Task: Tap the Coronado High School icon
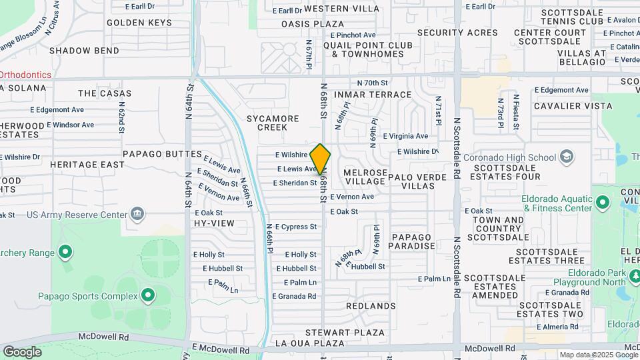point(567,157)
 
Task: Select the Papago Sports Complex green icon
point(148,294)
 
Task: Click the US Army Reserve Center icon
point(137,215)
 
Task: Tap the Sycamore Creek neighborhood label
point(273,123)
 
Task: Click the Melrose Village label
point(365,177)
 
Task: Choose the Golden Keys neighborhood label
point(139,23)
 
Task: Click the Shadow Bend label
point(84,51)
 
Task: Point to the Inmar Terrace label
point(373,95)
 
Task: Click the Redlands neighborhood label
point(371,306)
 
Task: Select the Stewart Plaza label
point(345,332)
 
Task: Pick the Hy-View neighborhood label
point(214,223)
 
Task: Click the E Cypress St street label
point(295,227)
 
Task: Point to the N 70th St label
point(372,83)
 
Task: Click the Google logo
point(22,352)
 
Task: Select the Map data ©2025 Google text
point(598,355)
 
